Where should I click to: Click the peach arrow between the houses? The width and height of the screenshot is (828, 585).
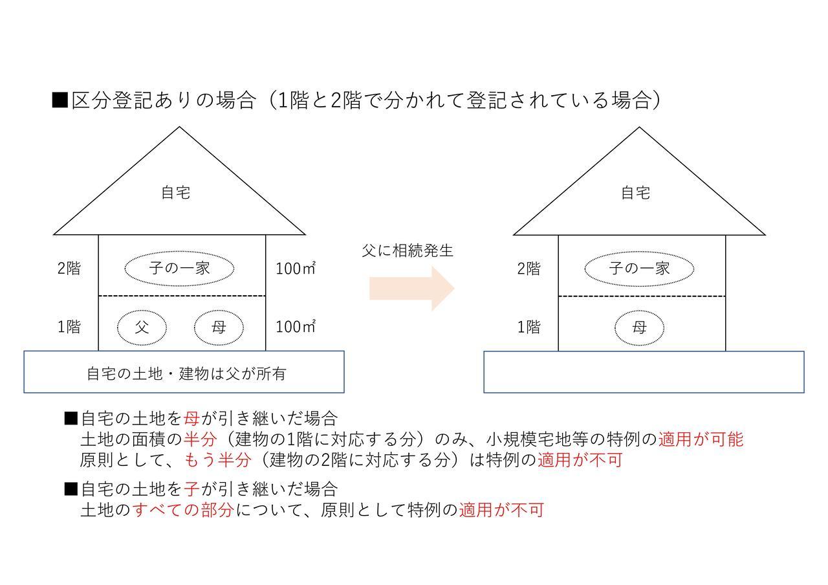pos(412,288)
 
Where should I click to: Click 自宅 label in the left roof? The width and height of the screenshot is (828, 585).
pos(176,193)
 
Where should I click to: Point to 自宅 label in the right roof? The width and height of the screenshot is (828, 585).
pos(636,193)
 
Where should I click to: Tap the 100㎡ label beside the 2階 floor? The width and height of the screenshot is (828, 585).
pos(296,268)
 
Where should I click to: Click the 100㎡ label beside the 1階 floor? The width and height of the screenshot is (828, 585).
pos(296,327)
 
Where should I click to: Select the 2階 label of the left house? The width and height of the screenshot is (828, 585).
pos(69,268)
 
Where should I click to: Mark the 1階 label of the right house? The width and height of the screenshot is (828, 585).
pos(529,327)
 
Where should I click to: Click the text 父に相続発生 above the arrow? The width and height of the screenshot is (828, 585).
pos(408,250)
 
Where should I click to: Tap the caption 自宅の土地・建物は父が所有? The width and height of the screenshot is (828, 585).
pos(187,373)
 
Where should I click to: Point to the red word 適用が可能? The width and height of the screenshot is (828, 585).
pos(701,439)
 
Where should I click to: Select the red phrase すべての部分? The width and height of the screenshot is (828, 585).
pos(183,509)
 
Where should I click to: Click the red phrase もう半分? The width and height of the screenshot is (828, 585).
pos(218,459)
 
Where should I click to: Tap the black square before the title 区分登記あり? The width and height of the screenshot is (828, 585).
pos(60,100)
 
